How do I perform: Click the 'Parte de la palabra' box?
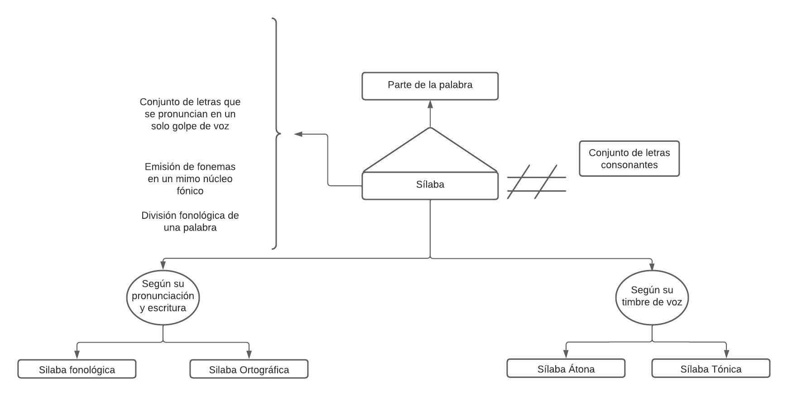[430, 86]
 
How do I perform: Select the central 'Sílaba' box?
[430, 185]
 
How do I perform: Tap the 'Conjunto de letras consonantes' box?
[629, 159]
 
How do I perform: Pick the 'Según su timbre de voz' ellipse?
[652, 297]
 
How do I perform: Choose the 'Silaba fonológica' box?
[77, 369]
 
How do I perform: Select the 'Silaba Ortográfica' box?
[249, 369]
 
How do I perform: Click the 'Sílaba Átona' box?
[566, 369]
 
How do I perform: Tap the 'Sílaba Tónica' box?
[711, 369]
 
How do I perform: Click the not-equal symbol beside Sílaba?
[536, 182]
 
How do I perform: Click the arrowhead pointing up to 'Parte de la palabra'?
[430, 104]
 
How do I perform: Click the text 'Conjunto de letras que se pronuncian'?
[190, 108]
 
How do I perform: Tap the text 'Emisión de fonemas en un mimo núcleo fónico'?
[190, 179]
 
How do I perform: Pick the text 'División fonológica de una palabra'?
[190, 221]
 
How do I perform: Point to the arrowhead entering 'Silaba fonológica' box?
[77, 354]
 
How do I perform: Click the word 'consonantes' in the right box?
[629, 165]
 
